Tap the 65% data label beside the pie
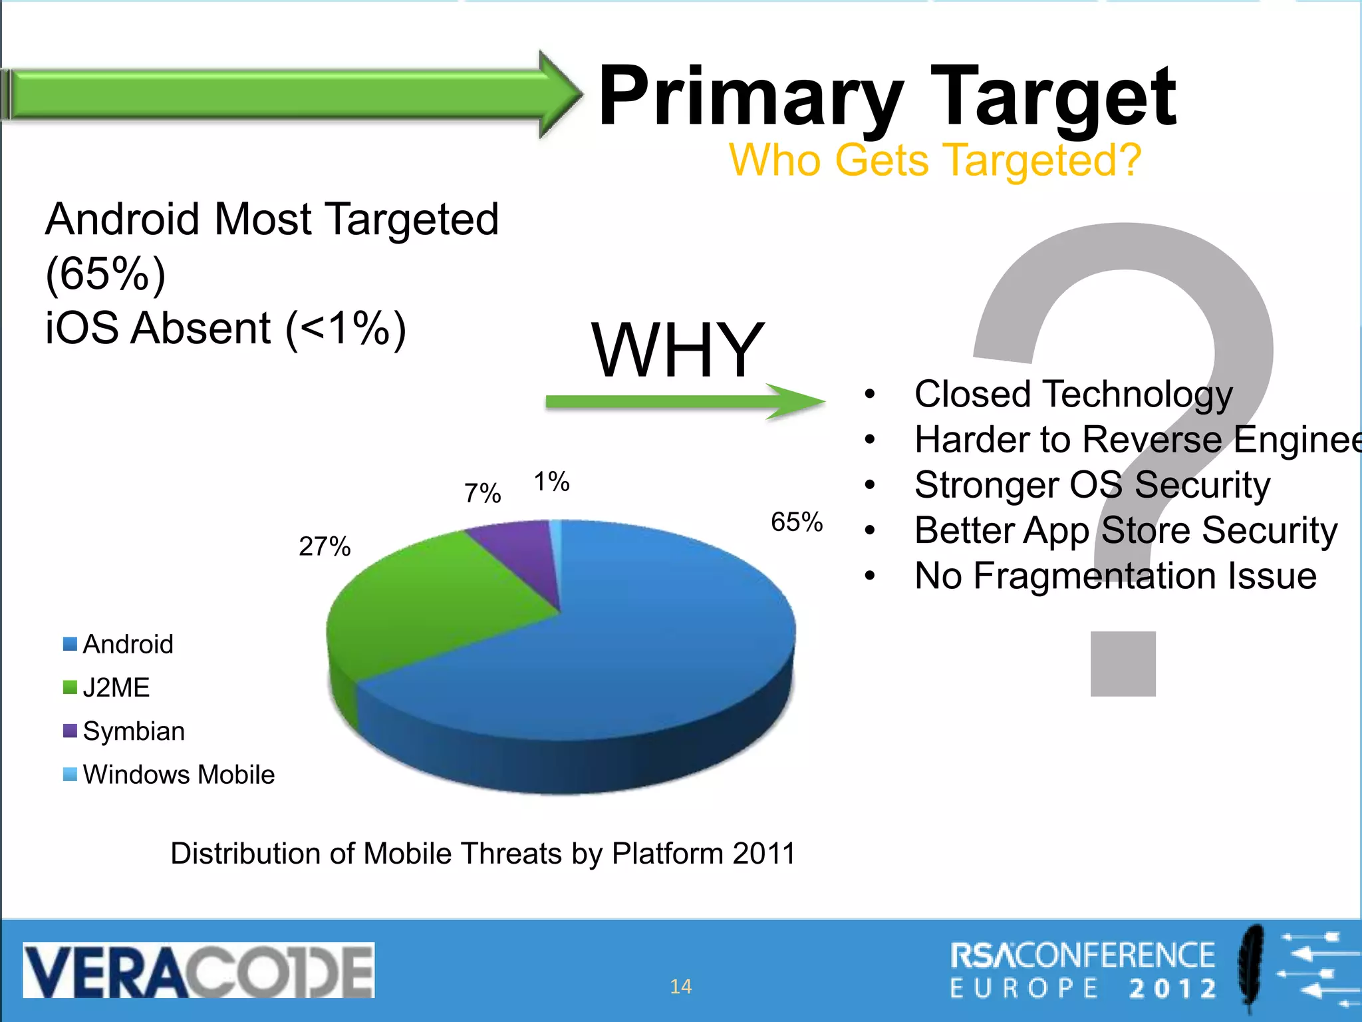tap(796, 522)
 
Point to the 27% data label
tap(324, 547)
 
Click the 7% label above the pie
tap(482, 494)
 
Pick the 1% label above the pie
tap(551, 482)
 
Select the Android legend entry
tap(127, 644)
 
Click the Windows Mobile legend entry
tap(178, 774)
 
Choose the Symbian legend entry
tap(133, 731)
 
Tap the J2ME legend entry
tap(116, 687)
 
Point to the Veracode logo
tap(198, 970)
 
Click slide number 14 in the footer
tap(680, 986)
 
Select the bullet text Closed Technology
tap(1073, 394)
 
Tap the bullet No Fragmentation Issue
tap(1115, 576)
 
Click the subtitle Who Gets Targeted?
tap(934, 160)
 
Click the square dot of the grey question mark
tap(1123, 663)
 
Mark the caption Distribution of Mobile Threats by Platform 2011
tap(483, 853)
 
